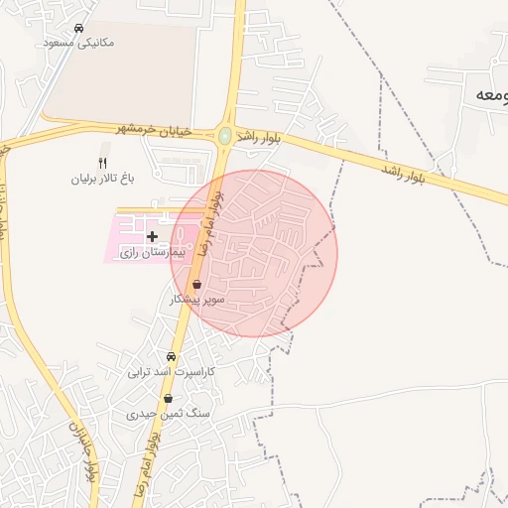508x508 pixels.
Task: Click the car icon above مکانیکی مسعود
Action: tap(78, 28)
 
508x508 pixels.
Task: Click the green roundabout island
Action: tap(226, 135)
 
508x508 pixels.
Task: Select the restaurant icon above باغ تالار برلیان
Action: tap(101, 163)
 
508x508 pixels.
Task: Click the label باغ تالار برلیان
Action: tap(101, 180)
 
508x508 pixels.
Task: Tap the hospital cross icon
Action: tap(152, 236)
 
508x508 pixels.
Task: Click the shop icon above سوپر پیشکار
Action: tap(197, 284)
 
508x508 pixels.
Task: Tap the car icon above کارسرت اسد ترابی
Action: tap(172, 356)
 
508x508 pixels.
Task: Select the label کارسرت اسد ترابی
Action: tap(172, 372)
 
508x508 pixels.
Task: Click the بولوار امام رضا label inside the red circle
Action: tap(209, 224)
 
